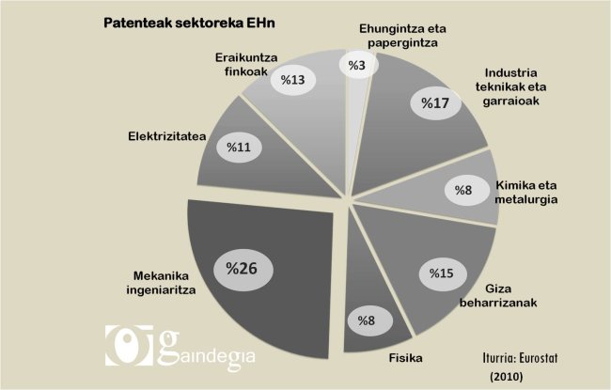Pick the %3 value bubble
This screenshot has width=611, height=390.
tap(356, 65)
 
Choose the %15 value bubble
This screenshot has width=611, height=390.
tap(441, 273)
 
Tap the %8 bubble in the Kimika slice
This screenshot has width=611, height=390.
tap(462, 191)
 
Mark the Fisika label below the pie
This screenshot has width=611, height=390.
tap(405, 358)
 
